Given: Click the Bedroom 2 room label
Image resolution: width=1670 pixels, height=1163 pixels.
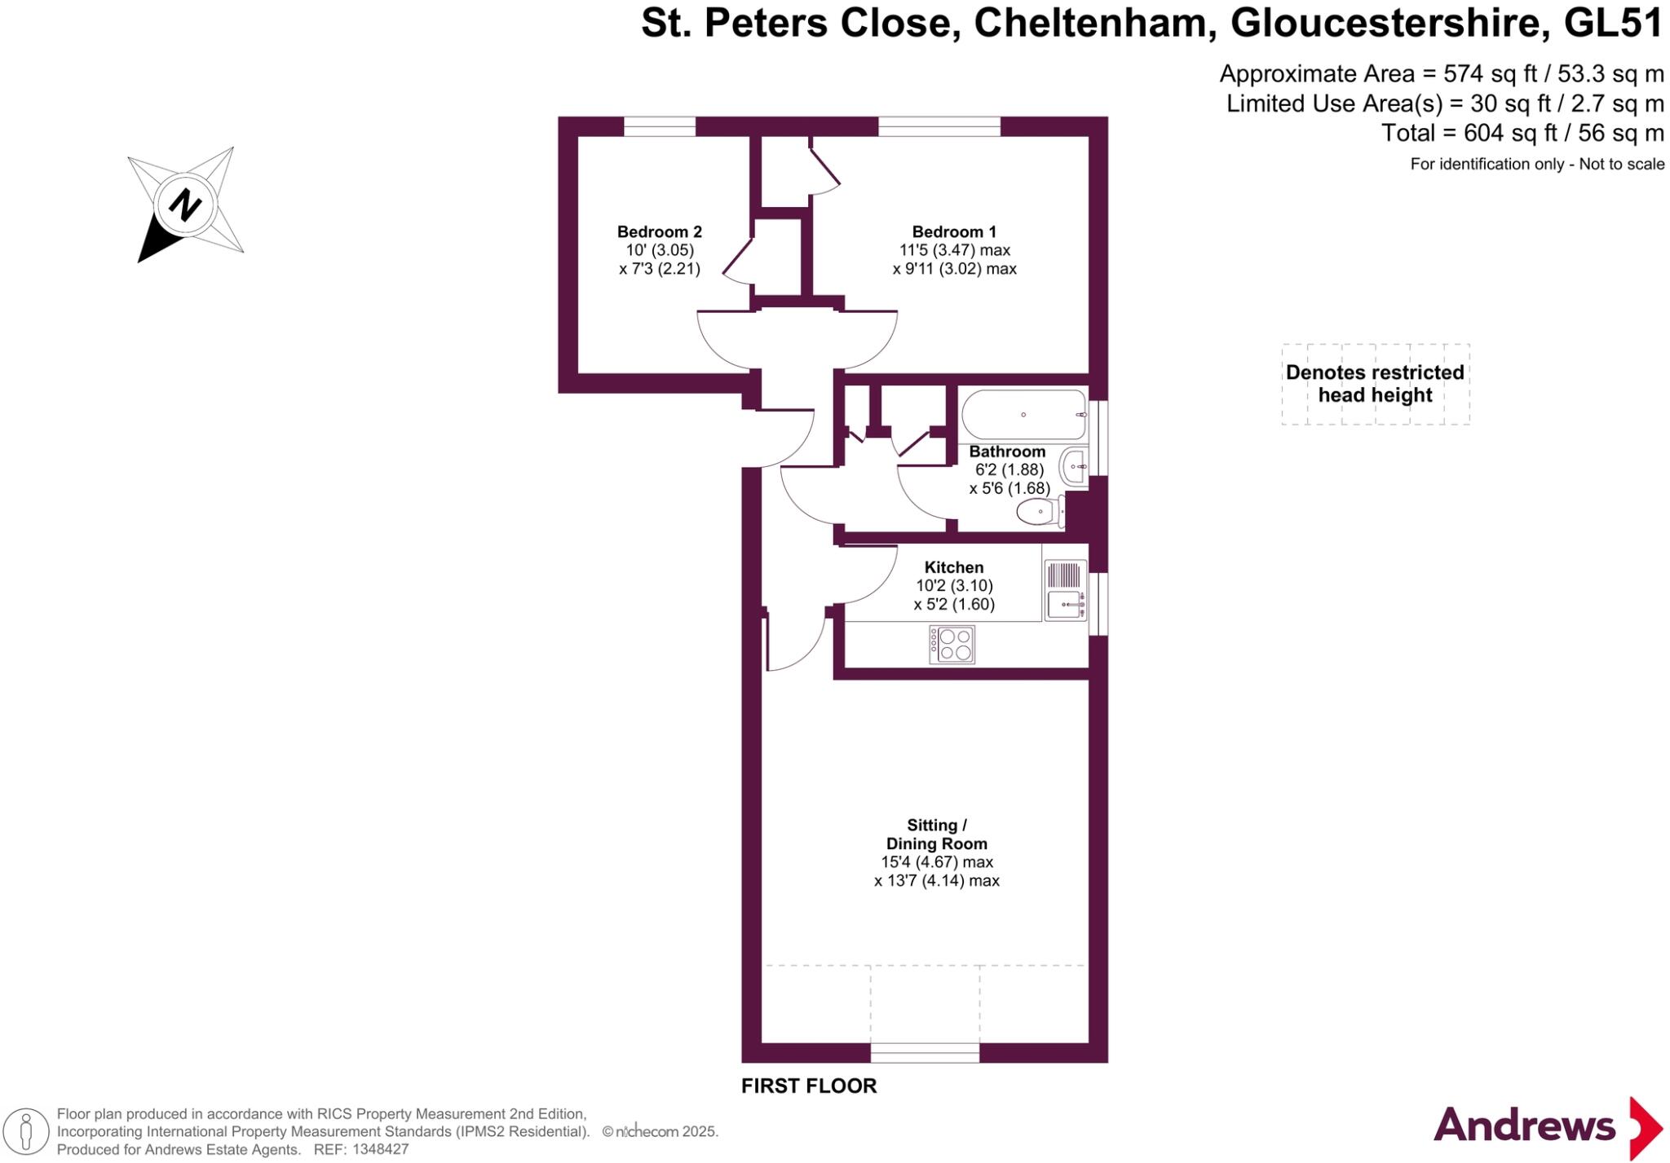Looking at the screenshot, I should click(659, 232).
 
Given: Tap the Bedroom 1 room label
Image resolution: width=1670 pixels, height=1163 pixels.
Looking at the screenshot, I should click(954, 232).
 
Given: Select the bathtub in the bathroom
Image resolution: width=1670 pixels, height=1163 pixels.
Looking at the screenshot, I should click(1023, 415).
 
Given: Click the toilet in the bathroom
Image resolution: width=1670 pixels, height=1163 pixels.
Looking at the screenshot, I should click(1039, 513).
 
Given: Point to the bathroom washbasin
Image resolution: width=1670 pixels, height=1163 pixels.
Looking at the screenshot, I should click(1074, 467).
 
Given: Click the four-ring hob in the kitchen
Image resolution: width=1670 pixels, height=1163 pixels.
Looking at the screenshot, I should click(952, 644).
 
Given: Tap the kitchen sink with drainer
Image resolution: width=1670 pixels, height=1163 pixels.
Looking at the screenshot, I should click(1065, 590).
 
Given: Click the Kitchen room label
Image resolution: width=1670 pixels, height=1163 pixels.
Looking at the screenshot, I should click(953, 567).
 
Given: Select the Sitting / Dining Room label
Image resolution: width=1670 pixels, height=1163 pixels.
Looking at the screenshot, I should click(936, 835).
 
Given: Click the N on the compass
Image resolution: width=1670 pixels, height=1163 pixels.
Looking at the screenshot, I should click(185, 205).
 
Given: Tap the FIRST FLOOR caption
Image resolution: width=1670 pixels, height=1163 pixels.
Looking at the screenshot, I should click(808, 1086).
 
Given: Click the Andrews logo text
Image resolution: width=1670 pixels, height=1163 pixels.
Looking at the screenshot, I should click(1523, 1127).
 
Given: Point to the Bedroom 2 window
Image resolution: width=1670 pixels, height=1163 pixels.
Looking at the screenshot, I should click(660, 126).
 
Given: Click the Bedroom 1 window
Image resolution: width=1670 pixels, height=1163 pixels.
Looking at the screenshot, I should click(939, 126).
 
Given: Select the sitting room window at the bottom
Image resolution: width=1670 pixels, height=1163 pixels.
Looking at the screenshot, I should click(925, 1053).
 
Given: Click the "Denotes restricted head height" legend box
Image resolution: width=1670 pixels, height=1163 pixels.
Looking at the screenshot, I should click(1375, 384).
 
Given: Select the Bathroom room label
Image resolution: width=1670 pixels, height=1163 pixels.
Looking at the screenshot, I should click(1007, 452).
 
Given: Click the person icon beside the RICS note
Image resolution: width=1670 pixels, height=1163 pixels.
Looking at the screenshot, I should click(26, 1131).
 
